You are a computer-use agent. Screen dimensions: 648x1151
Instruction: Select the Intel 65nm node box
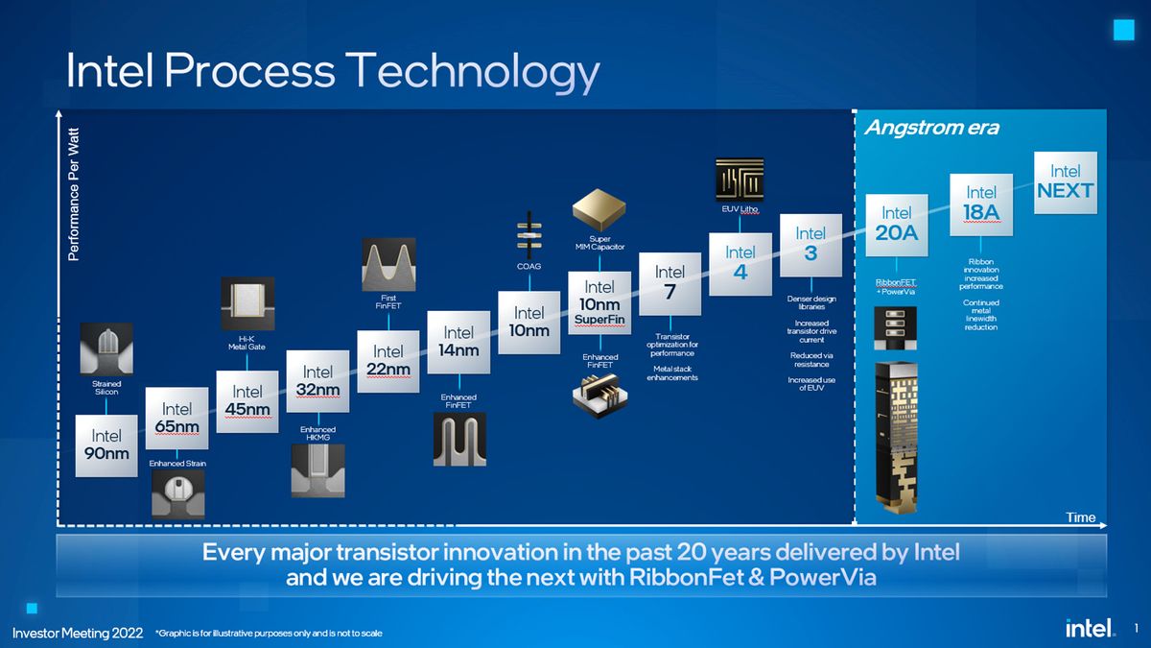point(177,418)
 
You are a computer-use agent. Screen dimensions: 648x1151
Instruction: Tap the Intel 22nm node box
point(388,361)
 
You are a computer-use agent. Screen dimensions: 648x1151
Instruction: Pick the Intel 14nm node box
point(458,342)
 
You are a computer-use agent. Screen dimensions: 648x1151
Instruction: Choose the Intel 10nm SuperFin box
point(599,302)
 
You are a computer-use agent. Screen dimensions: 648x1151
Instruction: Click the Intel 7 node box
point(669,281)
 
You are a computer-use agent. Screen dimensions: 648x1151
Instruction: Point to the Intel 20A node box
point(897,224)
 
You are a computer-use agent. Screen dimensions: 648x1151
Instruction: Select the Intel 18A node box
point(981,204)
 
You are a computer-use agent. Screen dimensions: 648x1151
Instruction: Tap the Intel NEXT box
point(1065,180)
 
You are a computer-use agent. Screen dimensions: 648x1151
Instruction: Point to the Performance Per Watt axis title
point(76,197)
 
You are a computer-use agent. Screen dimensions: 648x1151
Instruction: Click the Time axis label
point(1080,517)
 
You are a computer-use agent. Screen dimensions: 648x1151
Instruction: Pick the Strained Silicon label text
point(106,387)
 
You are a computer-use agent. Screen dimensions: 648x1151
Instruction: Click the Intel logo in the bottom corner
point(1089,628)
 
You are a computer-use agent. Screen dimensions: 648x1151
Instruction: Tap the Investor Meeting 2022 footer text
point(78,633)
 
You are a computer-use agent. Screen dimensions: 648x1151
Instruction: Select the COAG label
point(529,266)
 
